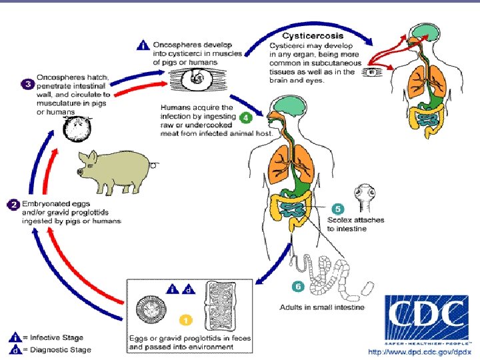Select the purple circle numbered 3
point(28,85)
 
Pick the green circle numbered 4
point(245,117)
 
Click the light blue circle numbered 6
point(298,287)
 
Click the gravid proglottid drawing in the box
point(227,307)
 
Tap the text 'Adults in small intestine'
point(322,307)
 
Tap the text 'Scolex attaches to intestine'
point(355,224)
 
